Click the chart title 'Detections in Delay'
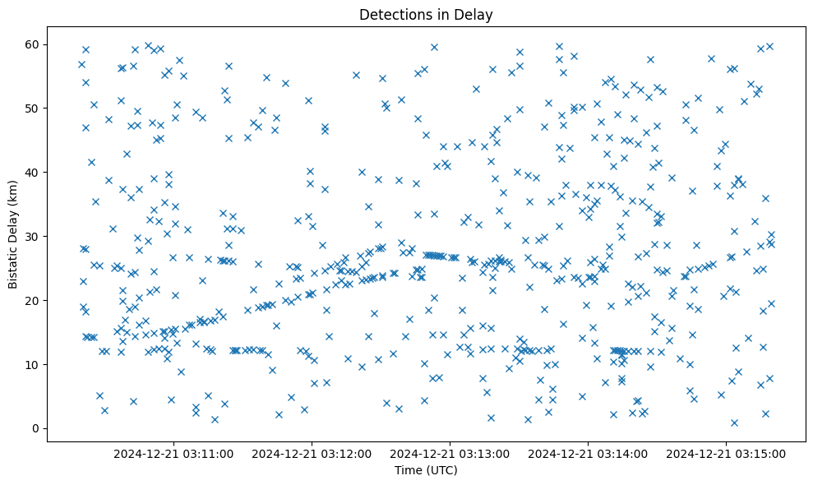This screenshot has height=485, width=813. (426, 14)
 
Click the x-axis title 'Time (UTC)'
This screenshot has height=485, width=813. (426, 470)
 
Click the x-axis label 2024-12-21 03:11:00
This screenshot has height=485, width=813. (173, 453)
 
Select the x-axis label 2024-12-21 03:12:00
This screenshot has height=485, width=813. (312, 453)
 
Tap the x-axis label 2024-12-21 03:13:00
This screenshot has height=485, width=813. (450, 453)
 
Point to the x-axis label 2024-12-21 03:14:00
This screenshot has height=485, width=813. (588, 453)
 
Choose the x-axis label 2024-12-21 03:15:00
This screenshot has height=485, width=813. (726, 453)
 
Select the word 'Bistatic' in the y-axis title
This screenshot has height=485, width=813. (13, 264)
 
